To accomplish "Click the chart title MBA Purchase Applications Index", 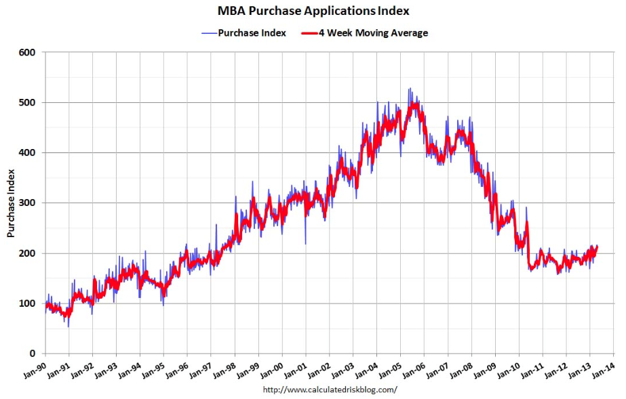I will click(313, 11).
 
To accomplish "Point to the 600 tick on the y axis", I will click(28, 52).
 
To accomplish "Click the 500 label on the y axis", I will click(28, 102).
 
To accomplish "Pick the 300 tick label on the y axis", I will click(28, 203).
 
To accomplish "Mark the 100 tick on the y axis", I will click(28, 303).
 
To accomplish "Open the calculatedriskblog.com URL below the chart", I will click(330, 390).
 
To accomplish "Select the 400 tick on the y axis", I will click(28, 152).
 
